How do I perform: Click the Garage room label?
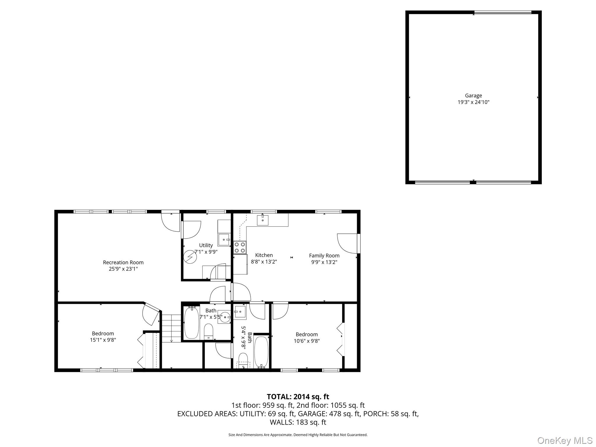coord(473,95)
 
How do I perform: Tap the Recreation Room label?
coord(123,262)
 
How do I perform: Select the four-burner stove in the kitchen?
coord(240,247)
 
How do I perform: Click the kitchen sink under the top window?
coord(262,220)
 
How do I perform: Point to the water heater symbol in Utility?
coord(190,257)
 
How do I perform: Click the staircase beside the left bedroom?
coord(171,328)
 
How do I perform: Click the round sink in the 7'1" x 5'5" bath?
coord(225,317)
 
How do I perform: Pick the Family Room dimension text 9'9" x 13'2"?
coord(324,262)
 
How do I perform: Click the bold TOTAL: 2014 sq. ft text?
coord(298,397)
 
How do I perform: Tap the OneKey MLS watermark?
coord(565,440)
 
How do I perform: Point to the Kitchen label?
coord(264,255)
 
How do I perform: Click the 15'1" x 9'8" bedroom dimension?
coord(103,340)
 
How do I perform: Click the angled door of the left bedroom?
coord(152,314)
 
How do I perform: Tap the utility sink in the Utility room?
coord(224,240)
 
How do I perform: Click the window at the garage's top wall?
coord(503,13)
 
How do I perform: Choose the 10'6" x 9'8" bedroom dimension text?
coord(307,341)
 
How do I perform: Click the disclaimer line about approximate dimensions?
coord(298,435)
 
